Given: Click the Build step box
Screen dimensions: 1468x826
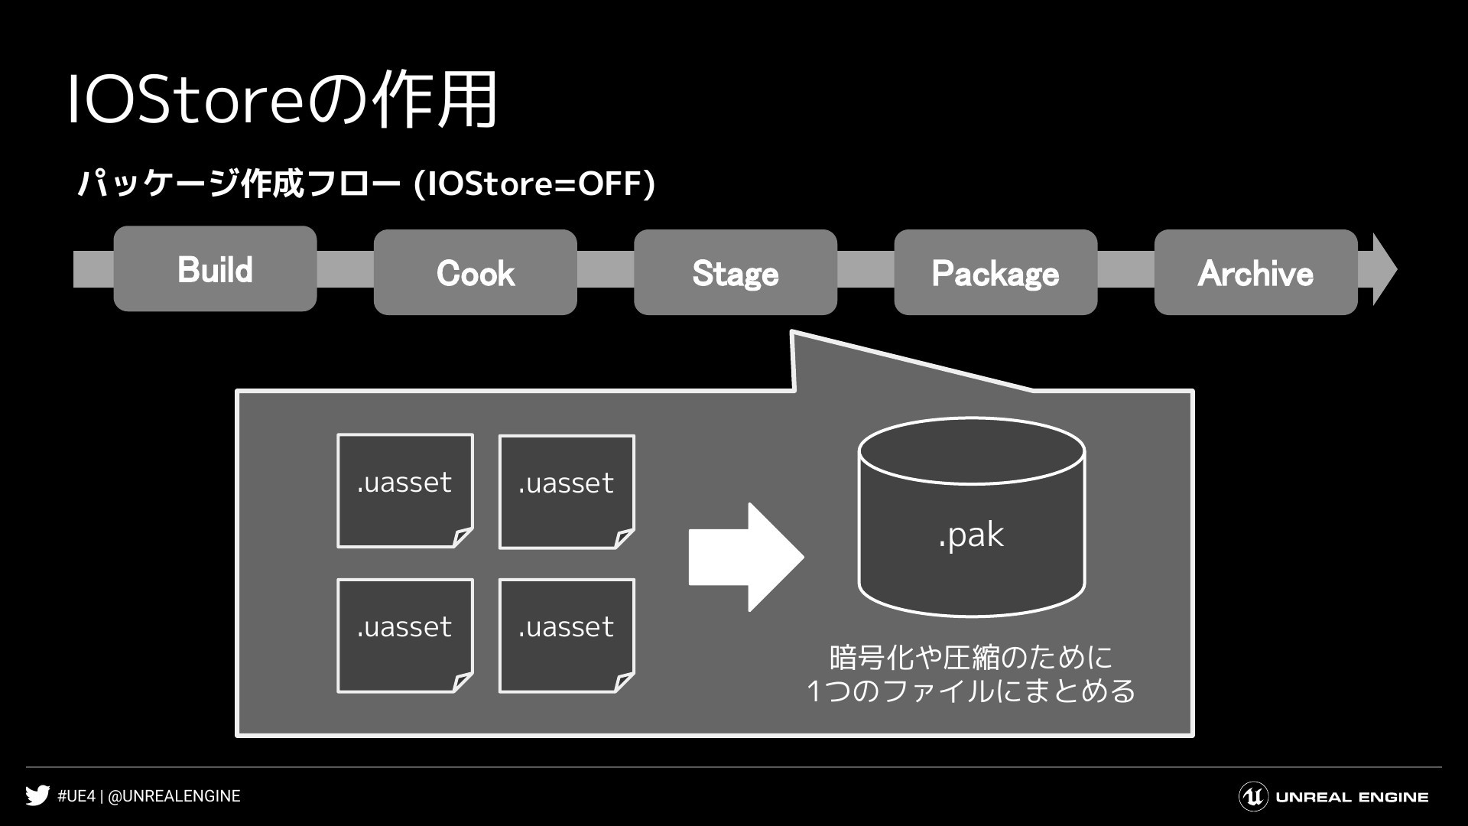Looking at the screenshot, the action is [x=215, y=268].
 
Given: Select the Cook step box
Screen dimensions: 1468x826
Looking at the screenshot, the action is [x=475, y=272].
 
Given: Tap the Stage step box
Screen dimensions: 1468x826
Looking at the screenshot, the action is [x=736, y=272].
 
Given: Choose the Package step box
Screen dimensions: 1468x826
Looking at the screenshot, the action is [x=995, y=272].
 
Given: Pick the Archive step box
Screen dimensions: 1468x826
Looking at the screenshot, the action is [x=1255, y=272].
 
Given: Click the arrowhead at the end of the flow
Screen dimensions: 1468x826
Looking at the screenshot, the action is [x=1384, y=269].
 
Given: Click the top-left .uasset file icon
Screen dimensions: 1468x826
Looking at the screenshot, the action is [x=405, y=491].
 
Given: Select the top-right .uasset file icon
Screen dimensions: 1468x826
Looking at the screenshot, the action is [x=567, y=492].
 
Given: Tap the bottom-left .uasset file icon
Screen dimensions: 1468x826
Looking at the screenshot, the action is [x=405, y=636].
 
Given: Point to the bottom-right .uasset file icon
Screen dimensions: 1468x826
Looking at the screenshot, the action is [x=567, y=636].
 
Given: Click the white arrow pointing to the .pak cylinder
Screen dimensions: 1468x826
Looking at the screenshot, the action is [x=746, y=558].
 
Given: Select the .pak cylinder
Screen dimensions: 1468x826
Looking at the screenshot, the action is [x=971, y=517].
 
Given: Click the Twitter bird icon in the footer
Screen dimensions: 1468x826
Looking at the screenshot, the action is [x=37, y=796].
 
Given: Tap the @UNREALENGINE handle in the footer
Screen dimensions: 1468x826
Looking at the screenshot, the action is [x=174, y=796].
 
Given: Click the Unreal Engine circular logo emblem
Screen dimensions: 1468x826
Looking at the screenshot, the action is [x=1253, y=797].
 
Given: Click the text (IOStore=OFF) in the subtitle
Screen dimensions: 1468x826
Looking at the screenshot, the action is [x=534, y=184].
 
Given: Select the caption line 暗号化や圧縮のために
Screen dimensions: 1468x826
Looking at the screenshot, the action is [x=971, y=657].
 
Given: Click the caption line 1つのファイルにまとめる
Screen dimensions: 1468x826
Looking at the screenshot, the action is [x=971, y=691].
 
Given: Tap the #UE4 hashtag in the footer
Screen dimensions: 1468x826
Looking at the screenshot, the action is [x=76, y=796].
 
